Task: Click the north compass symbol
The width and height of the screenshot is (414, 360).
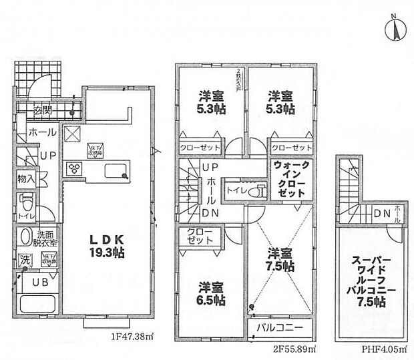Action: tap(393, 29)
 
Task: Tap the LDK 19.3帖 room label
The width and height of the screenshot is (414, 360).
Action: tap(101, 246)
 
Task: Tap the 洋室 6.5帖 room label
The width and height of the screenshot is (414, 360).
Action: tap(210, 295)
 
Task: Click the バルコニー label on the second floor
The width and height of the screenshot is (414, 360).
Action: tap(280, 327)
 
